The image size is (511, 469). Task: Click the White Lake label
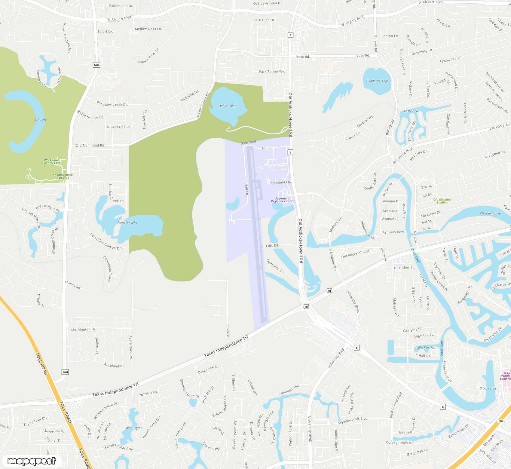(x=227, y=106)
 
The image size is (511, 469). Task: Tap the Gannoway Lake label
(x=377, y=81)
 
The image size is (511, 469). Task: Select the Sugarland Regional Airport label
(x=282, y=200)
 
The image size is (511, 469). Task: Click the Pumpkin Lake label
(x=127, y=222)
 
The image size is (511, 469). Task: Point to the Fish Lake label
(x=40, y=120)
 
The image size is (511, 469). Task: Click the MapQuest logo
(x=32, y=461)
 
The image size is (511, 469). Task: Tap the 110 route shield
(x=500, y=421)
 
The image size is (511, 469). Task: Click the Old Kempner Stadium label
(x=442, y=201)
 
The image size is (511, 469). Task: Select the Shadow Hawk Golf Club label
(x=63, y=176)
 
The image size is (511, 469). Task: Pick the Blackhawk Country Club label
(x=51, y=161)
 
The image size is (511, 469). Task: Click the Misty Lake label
(x=411, y=111)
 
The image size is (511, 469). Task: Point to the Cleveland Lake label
(x=490, y=213)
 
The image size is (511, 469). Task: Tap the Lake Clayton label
(x=133, y=428)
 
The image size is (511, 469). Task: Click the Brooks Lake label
(x=488, y=388)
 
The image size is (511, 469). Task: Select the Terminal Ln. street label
(x=280, y=182)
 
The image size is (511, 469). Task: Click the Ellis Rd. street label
(x=272, y=246)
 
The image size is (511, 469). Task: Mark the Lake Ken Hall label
(x=426, y=348)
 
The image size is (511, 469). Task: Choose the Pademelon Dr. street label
(x=121, y=6)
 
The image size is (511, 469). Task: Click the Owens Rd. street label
(x=73, y=285)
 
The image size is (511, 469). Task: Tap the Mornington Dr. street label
(x=84, y=330)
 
